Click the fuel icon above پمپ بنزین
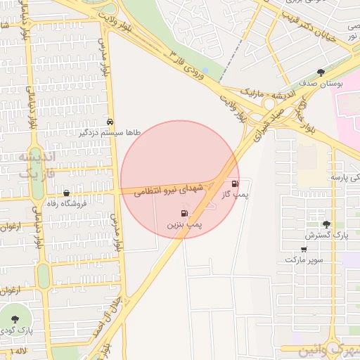pyautogui.click(x=184, y=213)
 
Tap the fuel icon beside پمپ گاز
pyautogui.click(x=235, y=184)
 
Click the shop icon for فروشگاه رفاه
pyautogui.click(x=67, y=193)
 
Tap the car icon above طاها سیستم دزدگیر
pyautogui.click(x=110, y=121)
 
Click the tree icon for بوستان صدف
pyautogui.click(x=321, y=72)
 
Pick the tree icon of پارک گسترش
pyautogui.click(x=326, y=224)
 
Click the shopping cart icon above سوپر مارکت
pyautogui.click(x=304, y=249)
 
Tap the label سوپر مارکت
pyautogui.click(x=304, y=259)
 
